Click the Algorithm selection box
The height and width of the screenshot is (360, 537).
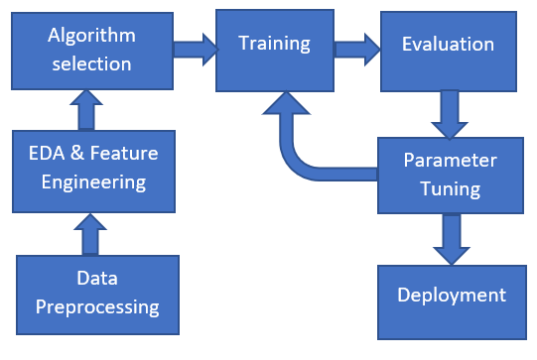click(91, 50)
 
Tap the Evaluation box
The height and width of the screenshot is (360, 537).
click(447, 46)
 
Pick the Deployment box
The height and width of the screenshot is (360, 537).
click(451, 296)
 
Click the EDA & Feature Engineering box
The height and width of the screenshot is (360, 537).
click(91, 168)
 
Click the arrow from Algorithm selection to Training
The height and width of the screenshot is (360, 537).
click(195, 49)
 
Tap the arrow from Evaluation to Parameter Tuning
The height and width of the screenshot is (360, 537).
click(451, 112)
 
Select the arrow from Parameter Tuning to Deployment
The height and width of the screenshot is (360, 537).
click(451, 239)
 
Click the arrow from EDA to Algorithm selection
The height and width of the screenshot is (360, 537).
click(86, 110)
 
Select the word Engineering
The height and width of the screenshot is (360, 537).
click(91, 181)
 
